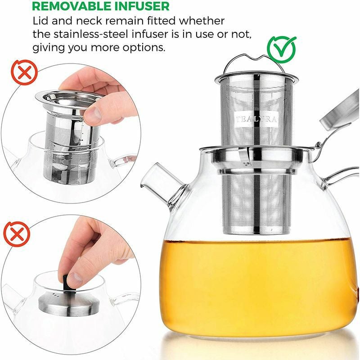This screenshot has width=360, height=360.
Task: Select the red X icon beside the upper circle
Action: click(20, 72)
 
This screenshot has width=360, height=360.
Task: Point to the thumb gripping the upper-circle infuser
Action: click(97, 112)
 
